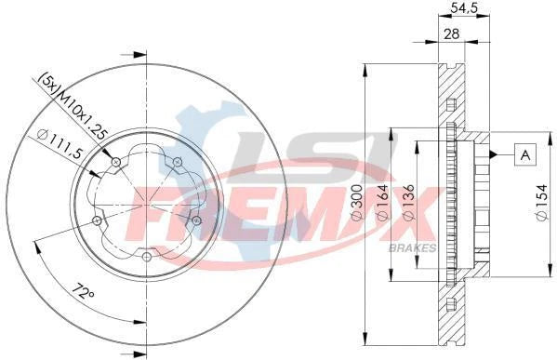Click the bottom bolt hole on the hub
coord(147,256)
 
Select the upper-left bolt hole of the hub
coord(115,163)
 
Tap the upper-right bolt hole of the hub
coord(178,163)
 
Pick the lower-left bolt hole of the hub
coord(97,220)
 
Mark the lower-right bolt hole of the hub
coord(196,220)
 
